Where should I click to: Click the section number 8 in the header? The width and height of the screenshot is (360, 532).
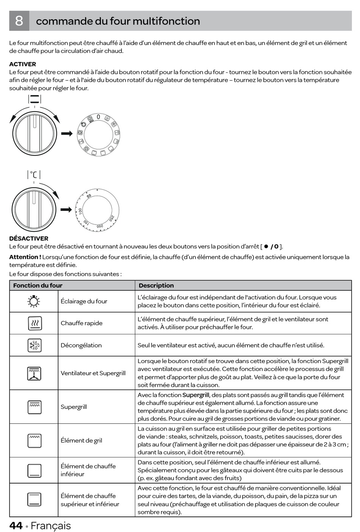point(19,21)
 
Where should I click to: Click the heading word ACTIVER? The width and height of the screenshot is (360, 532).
point(23,64)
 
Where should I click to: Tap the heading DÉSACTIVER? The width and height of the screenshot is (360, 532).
point(29,239)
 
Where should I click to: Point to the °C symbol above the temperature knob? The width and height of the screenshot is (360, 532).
point(34,175)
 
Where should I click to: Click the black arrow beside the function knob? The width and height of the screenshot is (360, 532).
point(67,133)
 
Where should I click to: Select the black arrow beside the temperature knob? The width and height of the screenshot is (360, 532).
point(66,210)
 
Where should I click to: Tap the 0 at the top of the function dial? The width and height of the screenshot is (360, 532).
point(98,117)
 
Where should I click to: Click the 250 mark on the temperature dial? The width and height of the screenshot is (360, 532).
point(112,218)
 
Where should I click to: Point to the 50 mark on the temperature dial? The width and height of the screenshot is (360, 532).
point(89,196)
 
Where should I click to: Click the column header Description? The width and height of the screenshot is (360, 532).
point(156,286)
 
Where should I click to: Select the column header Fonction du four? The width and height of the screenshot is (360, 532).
point(38,286)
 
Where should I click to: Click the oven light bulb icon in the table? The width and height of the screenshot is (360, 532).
point(34,301)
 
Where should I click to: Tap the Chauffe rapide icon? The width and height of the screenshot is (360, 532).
point(34,323)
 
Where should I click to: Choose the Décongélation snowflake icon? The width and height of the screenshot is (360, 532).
point(34,345)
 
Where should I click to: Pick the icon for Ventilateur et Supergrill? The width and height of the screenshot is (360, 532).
point(34,373)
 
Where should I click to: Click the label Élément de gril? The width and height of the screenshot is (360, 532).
point(81,440)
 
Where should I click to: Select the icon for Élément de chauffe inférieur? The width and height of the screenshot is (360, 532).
point(34,470)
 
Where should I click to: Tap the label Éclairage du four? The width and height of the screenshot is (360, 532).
point(84,301)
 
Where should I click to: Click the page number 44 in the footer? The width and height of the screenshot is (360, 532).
point(16,526)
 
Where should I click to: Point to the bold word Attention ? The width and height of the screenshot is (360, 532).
point(25,257)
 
